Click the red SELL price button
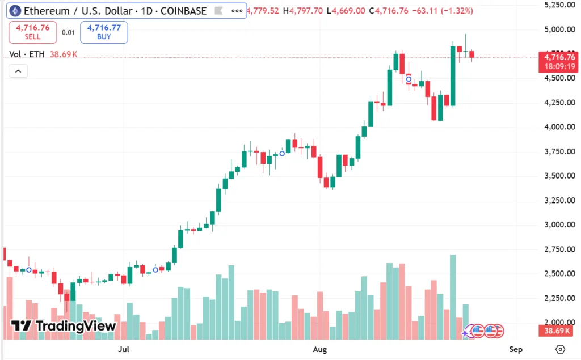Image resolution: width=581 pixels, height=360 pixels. [x=32, y=32]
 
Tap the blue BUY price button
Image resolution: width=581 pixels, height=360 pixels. [x=104, y=32]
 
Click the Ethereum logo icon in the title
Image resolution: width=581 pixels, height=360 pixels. [x=14, y=11]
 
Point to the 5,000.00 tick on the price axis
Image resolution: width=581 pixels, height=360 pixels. [x=555, y=29]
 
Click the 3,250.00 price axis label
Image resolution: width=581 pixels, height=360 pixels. [x=555, y=200]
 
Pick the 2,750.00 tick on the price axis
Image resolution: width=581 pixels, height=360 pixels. [x=555, y=249]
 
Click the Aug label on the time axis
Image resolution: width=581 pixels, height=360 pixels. [x=320, y=349]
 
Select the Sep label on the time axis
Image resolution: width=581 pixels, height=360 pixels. [x=515, y=349]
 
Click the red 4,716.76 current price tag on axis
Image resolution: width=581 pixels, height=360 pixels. [x=559, y=57]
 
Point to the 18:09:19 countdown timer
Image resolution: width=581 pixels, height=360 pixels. [x=559, y=66]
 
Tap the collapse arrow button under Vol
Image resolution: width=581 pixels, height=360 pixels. [x=18, y=71]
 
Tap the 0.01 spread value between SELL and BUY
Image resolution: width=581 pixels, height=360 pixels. [x=68, y=32]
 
